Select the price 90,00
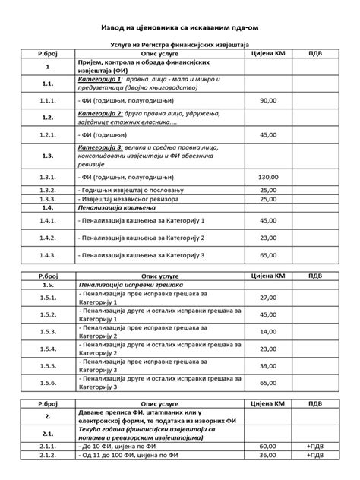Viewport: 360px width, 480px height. click(x=268, y=99)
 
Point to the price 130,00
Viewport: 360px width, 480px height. click(x=268, y=177)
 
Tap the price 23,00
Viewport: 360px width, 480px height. click(x=268, y=238)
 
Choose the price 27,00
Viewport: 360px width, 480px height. click(x=268, y=298)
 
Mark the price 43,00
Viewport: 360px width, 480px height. click(x=268, y=314)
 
